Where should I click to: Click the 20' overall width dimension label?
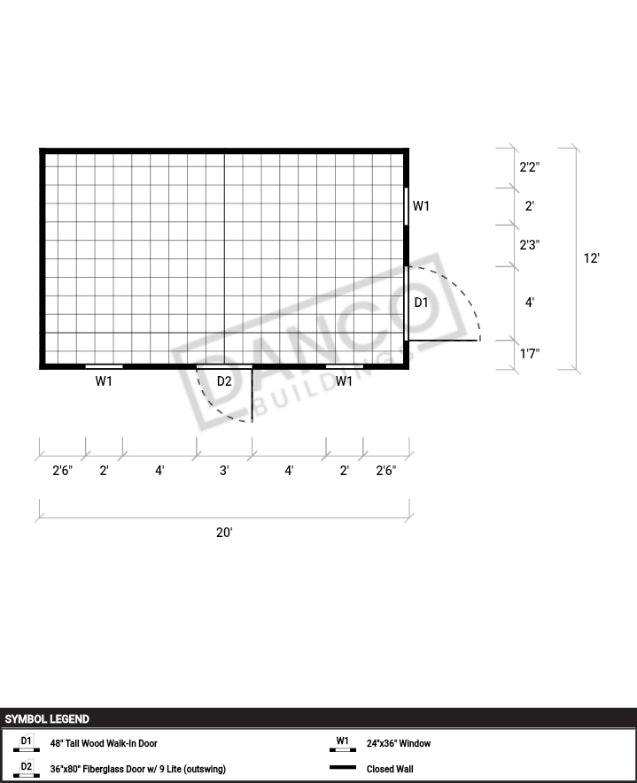click(x=224, y=533)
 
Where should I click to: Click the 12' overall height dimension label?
click(x=591, y=258)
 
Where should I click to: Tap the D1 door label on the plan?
click(x=421, y=302)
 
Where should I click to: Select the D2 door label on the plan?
click(x=224, y=381)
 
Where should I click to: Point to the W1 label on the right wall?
click(x=421, y=206)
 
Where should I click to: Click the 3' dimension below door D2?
click(x=224, y=471)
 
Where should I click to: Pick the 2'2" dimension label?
click(x=530, y=167)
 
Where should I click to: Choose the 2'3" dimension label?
click(x=530, y=245)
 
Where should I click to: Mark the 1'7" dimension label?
click(x=530, y=354)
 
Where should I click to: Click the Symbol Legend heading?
click(x=47, y=719)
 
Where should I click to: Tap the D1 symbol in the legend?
click(x=26, y=743)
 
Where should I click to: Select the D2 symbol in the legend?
click(x=26, y=769)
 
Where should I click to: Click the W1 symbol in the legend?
click(x=343, y=743)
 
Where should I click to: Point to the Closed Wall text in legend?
click(x=390, y=769)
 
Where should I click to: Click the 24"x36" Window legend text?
click(x=398, y=743)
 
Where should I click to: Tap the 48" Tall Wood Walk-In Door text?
click(x=104, y=743)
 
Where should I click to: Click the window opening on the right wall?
click(x=406, y=206)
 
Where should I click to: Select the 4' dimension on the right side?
click(x=530, y=302)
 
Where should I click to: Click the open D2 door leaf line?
click(x=252, y=395)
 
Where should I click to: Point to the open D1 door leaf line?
click(x=444, y=341)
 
